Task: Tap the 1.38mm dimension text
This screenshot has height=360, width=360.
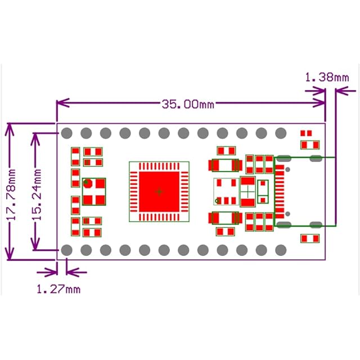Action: click(326, 76)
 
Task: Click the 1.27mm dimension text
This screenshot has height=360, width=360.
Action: click(58, 289)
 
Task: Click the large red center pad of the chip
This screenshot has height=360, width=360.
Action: click(159, 191)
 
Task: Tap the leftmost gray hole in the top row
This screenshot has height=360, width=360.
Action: click(66, 133)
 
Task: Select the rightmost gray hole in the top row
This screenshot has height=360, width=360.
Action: click(280, 133)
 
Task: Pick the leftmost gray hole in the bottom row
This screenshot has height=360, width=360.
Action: click(66, 250)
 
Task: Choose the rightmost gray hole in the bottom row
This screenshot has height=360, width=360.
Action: click(280, 250)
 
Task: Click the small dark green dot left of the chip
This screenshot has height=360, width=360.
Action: click(87, 183)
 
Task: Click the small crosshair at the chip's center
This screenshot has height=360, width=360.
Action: click(159, 191)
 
